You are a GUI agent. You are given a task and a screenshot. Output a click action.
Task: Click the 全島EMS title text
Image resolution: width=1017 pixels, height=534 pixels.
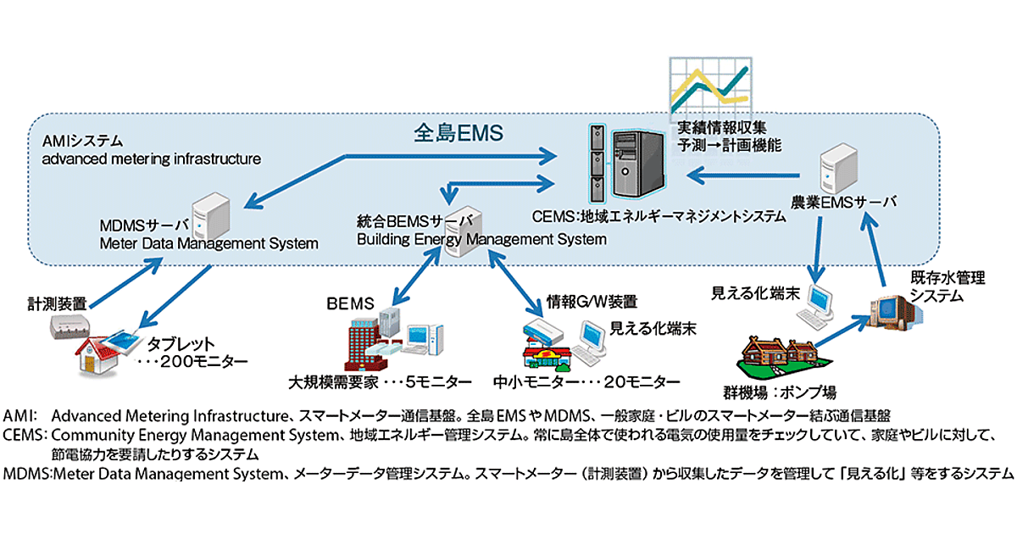pyautogui.click(x=459, y=132)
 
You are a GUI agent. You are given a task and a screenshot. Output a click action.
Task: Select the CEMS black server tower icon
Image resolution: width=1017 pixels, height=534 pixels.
pyautogui.click(x=628, y=162)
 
